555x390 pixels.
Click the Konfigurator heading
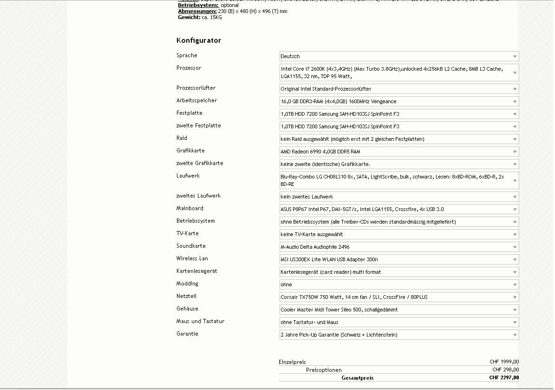pos(199,40)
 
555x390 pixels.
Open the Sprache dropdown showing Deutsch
pos(398,56)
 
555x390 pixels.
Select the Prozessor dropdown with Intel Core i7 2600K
pos(398,73)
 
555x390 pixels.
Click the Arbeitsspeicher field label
pos(196,100)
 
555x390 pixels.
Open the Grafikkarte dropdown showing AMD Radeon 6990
pos(398,152)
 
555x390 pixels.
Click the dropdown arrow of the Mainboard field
pos(515,210)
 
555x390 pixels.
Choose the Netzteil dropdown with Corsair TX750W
pos(398,297)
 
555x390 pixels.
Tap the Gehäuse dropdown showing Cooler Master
pos(398,310)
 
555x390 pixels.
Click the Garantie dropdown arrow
pos(515,335)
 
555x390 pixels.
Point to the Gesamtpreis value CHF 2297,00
pos(504,378)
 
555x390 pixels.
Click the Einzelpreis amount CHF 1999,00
pos(504,362)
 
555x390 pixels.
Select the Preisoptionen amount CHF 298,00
pos(506,370)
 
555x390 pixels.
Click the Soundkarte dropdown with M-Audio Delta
pos(398,247)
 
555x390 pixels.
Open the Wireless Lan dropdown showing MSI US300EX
pos(398,259)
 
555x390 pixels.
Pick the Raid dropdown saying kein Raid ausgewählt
pos(398,139)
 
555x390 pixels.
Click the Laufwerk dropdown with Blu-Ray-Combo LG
pos(398,180)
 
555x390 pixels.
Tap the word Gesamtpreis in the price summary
pos(357,378)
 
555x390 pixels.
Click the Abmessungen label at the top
pos(197,11)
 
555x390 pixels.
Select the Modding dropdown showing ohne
pos(398,284)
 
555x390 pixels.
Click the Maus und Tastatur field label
pos(200,321)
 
